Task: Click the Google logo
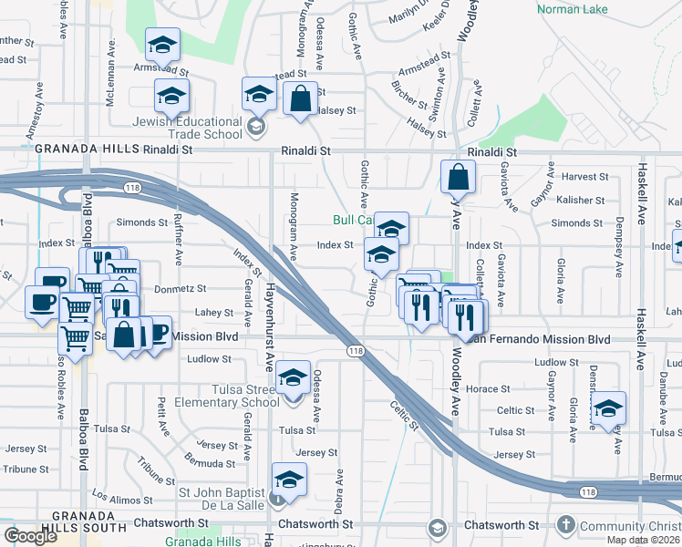tap(30, 536)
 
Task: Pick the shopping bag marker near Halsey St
tap(300, 98)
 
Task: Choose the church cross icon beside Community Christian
tap(565, 525)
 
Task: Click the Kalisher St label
tap(581, 201)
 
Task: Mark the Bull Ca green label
tap(352, 221)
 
